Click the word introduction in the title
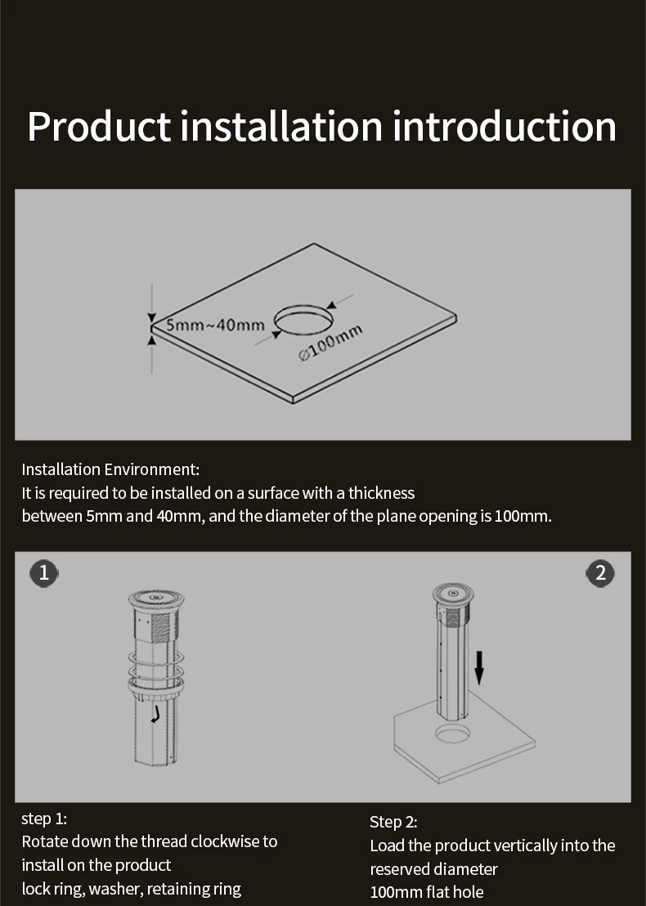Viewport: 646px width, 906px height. coord(505,127)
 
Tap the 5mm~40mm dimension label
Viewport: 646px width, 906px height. coord(216,325)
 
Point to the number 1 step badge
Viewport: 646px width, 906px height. coord(44,573)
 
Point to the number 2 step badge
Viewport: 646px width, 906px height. coord(601,573)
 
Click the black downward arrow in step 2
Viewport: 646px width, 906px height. coord(479,667)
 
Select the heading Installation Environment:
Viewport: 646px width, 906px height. coord(110,469)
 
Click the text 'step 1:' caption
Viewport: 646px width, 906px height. coord(44,819)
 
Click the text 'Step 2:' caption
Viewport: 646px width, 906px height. coord(393,822)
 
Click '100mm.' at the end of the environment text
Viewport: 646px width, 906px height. coord(523,517)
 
